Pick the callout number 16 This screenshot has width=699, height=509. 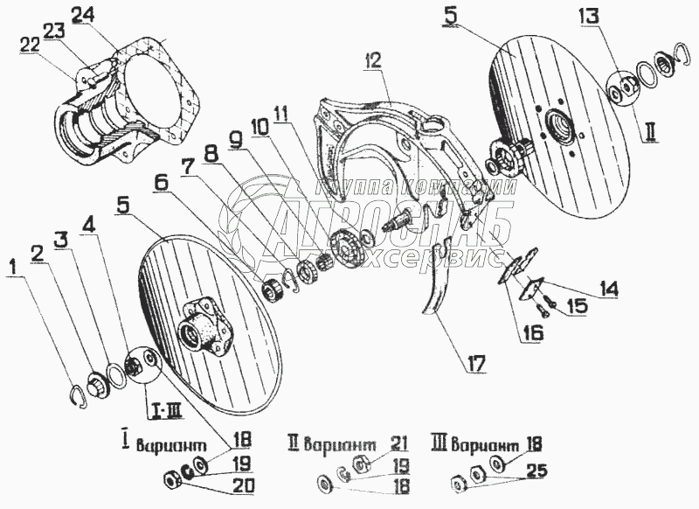click(x=534, y=332)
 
